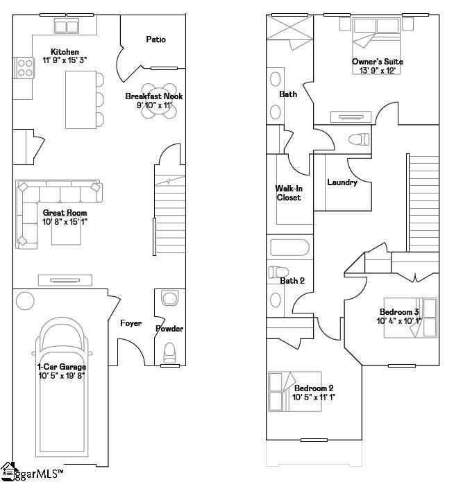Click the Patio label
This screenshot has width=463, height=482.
tap(155, 40)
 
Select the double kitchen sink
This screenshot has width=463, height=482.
tap(67, 27)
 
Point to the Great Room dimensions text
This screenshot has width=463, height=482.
tap(65, 222)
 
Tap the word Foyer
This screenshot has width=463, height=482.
tap(131, 323)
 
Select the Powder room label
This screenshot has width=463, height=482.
tap(169, 329)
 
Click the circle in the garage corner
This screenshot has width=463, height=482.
tap(25, 302)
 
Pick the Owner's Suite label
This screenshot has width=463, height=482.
tap(377, 62)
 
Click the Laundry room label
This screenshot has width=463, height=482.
tap(342, 182)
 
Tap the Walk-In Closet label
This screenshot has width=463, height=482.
tap(288, 193)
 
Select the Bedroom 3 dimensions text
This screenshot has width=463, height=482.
tap(399, 321)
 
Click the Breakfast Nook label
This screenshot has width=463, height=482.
tap(154, 96)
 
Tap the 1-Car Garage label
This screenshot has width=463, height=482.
tap(62, 367)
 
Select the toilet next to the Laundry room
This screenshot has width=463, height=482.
tap(358, 139)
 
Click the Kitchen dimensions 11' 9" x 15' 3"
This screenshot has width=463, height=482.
tap(65, 61)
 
